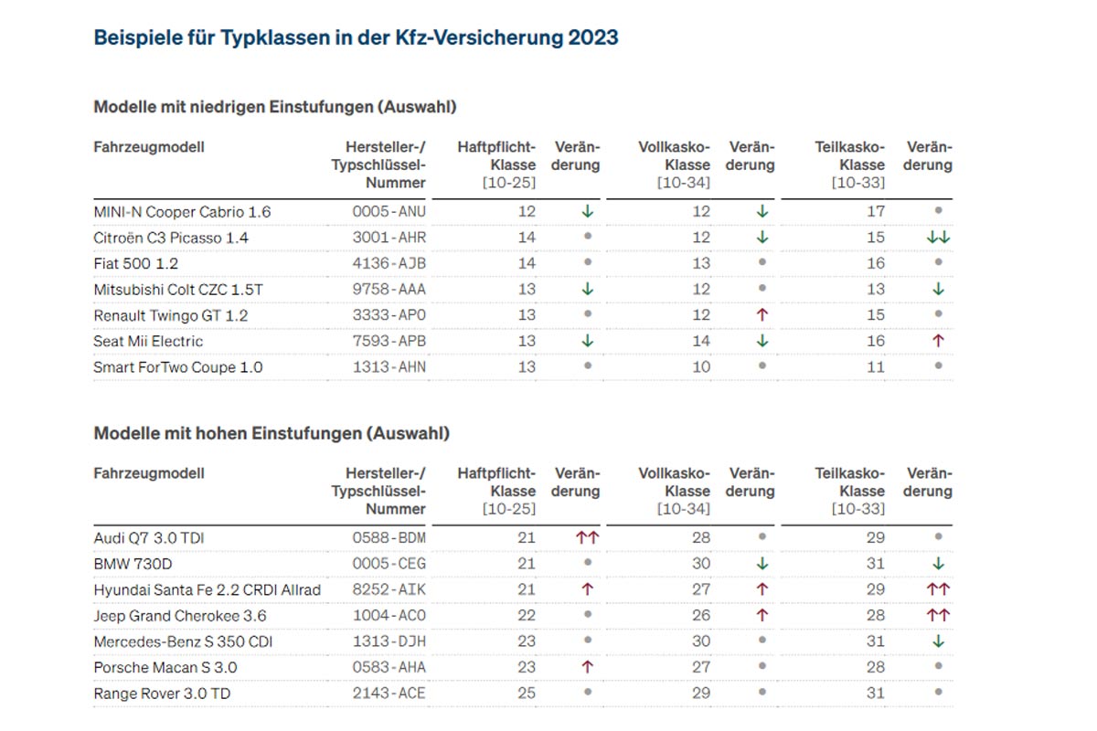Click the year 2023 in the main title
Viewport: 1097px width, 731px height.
pyautogui.click(x=592, y=38)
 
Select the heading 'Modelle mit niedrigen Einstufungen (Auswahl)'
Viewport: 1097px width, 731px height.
pyautogui.click(x=275, y=107)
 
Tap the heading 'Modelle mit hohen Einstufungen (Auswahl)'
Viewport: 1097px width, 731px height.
pyautogui.click(x=272, y=433)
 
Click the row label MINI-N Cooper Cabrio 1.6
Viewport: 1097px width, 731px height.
pyautogui.click(x=182, y=212)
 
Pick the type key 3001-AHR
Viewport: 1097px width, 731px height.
pyautogui.click(x=389, y=238)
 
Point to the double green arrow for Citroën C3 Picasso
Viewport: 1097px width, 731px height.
pyautogui.click(x=938, y=238)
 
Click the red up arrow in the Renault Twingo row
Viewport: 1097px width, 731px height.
pyautogui.click(x=762, y=315)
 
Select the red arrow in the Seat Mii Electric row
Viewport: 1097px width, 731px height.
pyautogui.click(x=938, y=341)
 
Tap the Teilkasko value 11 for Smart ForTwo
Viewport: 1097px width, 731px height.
pyautogui.click(x=876, y=367)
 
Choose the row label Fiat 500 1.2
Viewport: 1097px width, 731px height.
pyautogui.click(x=136, y=263)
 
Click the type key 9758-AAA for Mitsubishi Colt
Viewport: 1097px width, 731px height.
pyautogui.click(x=389, y=290)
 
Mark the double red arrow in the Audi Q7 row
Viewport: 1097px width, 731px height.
pyautogui.click(x=587, y=538)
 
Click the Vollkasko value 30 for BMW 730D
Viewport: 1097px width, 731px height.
pyautogui.click(x=701, y=564)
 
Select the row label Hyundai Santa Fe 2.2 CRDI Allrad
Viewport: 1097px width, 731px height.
pyautogui.click(x=208, y=590)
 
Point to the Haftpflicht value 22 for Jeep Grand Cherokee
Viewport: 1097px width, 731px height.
pyautogui.click(x=527, y=616)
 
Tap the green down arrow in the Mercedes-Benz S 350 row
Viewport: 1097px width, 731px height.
pyautogui.click(x=938, y=641)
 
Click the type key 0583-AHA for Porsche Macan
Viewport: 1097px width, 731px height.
pyautogui.click(x=389, y=668)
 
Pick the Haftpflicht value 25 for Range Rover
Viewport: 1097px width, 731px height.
pyautogui.click(x=527, y=694)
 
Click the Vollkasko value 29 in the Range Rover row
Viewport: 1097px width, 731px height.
pyautogui.click(x=701, y=694)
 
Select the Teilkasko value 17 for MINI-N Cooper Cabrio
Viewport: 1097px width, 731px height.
pyautogui.click(x=876, y=212)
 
